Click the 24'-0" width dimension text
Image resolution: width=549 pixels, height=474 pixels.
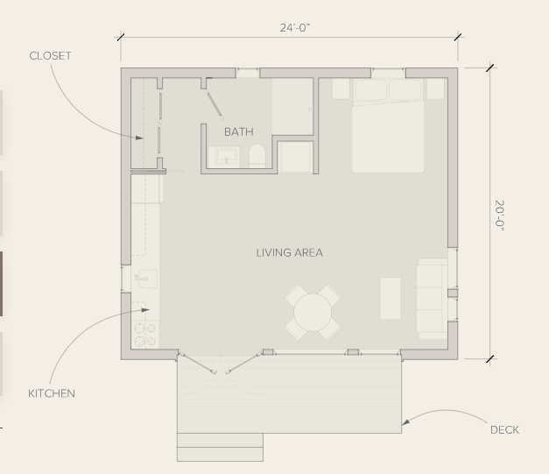[295, 28]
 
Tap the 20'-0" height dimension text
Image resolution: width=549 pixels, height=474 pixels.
[500, 216]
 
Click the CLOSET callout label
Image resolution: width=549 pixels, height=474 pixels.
[50, 56]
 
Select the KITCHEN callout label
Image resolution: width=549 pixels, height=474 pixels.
[52, 393]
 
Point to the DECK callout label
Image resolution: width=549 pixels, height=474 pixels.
[504, 430]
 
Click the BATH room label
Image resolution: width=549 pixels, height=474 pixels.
[239, 131]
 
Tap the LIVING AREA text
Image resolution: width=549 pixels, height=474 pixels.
[290, 252]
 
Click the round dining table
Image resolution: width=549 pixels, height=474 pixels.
[313, 313]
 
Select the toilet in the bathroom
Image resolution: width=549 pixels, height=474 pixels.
[257, 156]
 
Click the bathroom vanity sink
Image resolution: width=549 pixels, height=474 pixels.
[224, 157]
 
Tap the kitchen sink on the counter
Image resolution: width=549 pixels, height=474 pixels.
[146, 279]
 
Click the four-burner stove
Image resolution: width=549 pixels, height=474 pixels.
[145, 335]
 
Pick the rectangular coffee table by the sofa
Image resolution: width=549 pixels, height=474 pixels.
[391, 299]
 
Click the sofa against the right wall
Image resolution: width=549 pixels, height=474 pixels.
[432, 299]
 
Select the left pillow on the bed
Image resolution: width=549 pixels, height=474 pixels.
[370, 90]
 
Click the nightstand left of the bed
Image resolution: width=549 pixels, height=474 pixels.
[341, 89]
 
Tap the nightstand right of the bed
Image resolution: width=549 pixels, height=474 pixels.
[435, 89]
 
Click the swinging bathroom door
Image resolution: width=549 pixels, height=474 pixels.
[214, 103]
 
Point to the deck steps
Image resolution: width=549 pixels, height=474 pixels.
[220, 447]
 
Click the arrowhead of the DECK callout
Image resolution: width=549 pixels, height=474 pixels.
[405, 422]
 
